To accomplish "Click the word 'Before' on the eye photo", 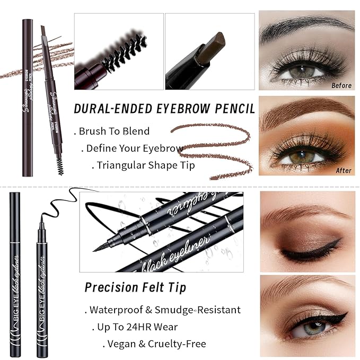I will point(341,85).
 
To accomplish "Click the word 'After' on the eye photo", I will point(344,170).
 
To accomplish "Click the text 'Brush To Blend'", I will point(114,131).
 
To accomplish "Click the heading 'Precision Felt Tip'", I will point(135,288).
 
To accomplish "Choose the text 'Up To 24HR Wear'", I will point(137,327).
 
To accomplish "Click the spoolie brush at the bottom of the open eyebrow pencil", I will point(60,166).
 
